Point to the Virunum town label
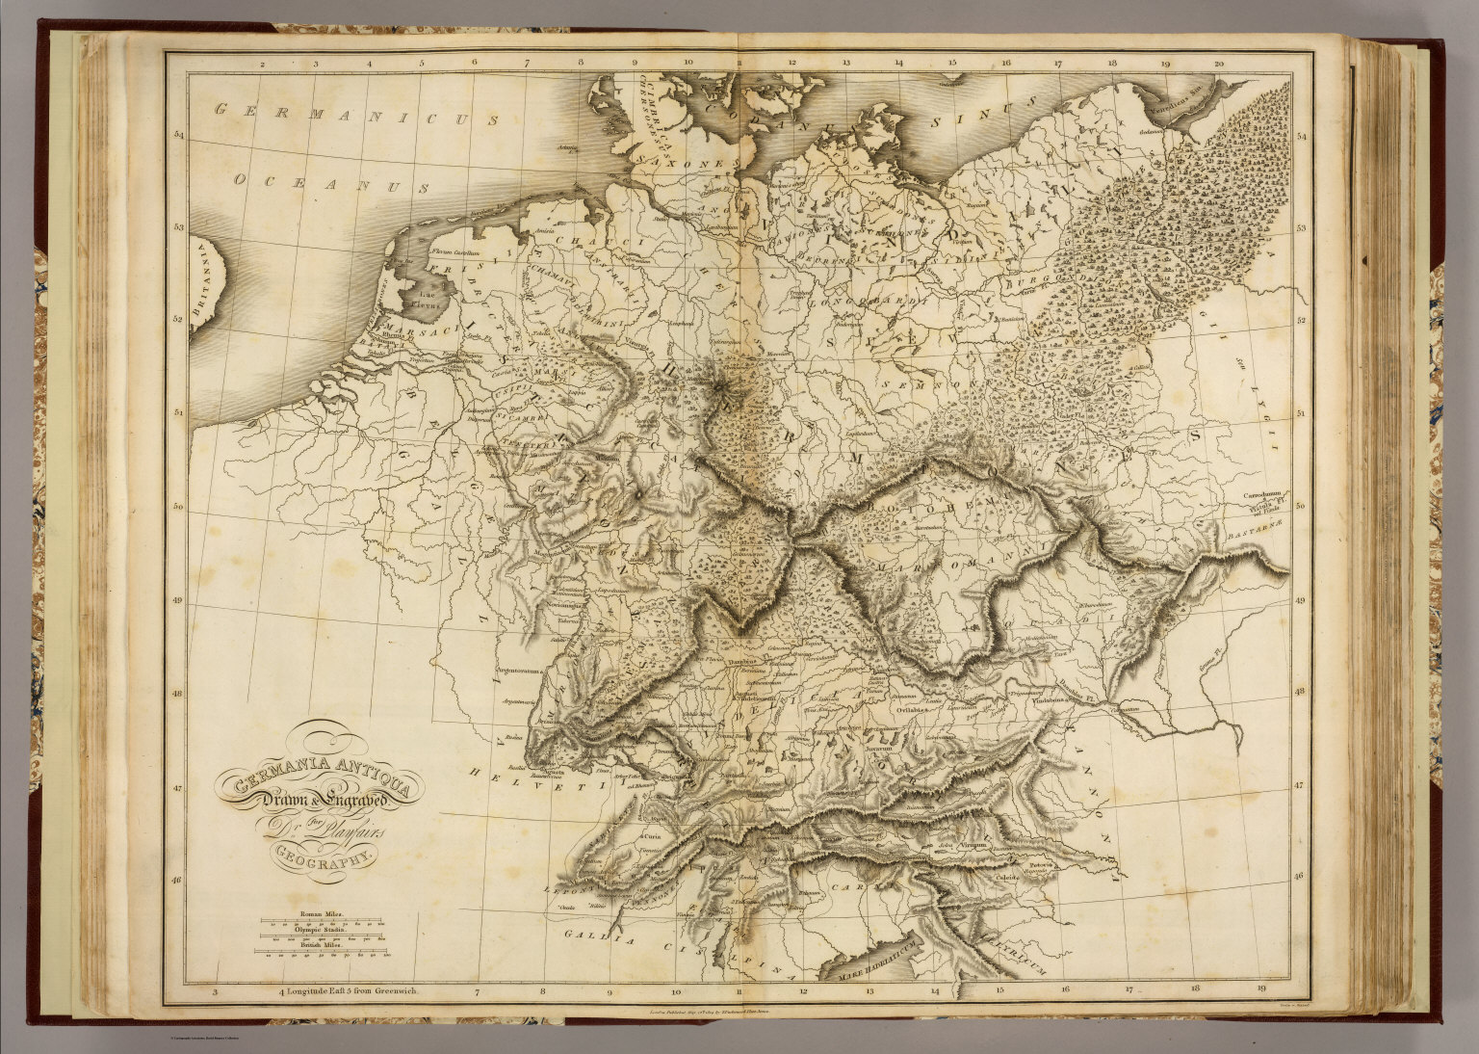click(x=973, y=844)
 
